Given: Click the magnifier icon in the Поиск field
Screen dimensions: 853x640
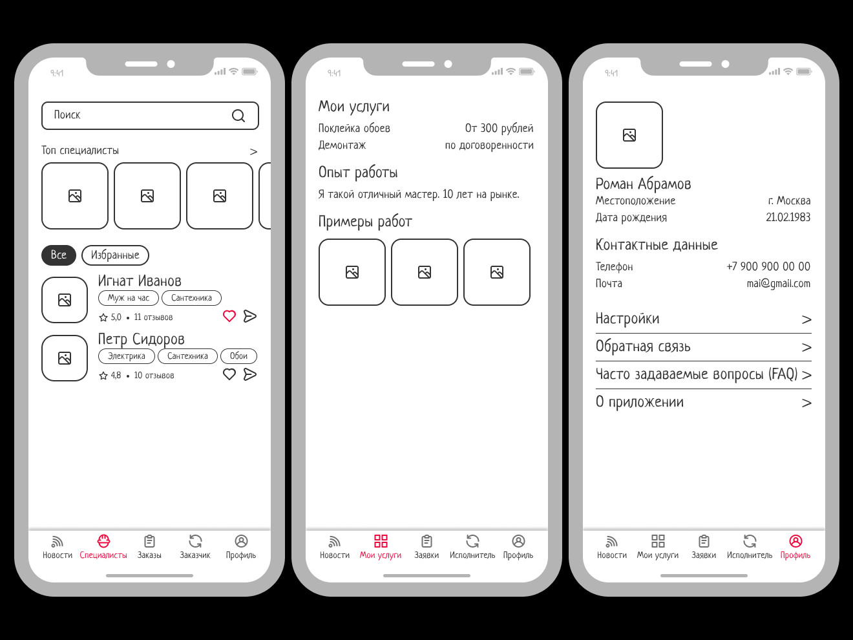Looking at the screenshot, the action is (238, 116).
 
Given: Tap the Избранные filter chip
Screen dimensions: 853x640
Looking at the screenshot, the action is (115, 255).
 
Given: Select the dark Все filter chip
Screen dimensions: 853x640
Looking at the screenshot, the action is (59, 255).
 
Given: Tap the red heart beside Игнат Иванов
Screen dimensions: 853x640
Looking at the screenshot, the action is (229, 316).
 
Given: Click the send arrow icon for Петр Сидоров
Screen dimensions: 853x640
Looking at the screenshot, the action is (250, 374).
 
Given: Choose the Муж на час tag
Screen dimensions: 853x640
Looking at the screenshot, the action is (128, 298).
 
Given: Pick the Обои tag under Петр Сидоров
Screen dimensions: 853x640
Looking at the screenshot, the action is (238, 356).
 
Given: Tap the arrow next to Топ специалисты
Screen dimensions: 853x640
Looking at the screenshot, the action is (253, 151).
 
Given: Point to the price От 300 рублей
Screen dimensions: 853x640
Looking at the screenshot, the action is (499, 128).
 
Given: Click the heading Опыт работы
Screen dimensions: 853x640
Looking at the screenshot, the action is (358, 173).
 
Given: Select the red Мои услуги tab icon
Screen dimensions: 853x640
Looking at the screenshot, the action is (381, 541).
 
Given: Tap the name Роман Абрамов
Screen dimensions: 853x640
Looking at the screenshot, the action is (643, 184).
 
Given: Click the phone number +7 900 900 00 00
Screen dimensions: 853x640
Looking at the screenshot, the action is (768, 266).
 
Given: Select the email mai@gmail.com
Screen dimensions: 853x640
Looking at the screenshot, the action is (779, 284).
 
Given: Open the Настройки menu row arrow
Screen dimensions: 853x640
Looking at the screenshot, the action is (806, 320).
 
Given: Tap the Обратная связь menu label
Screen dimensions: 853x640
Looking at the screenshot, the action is (643, 347).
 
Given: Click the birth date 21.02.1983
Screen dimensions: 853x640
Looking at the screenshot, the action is (788, 217).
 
